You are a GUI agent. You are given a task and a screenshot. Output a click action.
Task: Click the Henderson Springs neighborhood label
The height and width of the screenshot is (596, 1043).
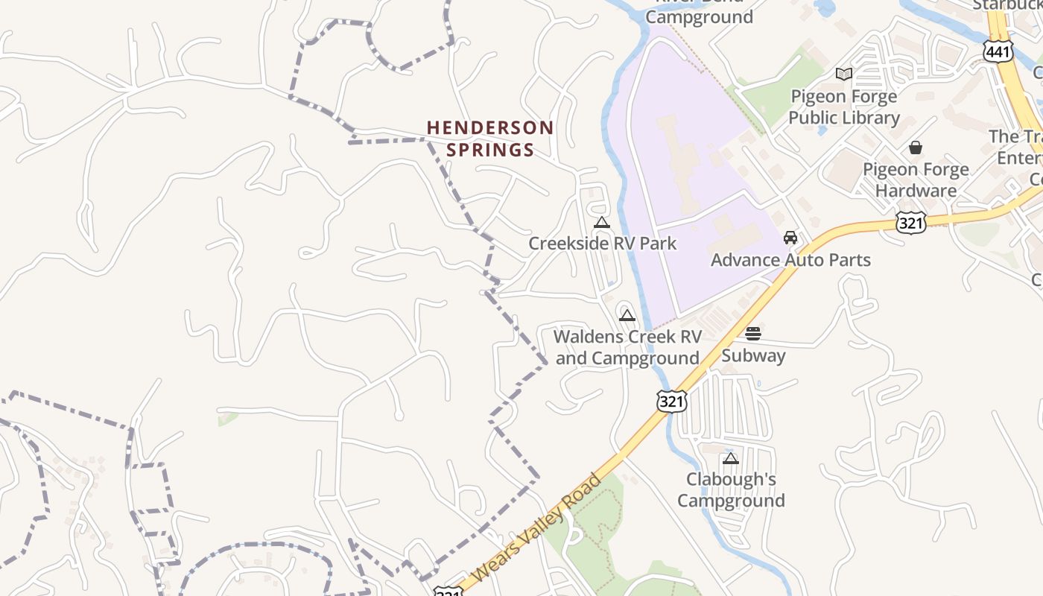pyautogui.click(x=490, y=139)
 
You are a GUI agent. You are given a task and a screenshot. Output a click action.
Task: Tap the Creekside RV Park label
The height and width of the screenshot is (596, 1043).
pyautogui.click(x=602, y=243)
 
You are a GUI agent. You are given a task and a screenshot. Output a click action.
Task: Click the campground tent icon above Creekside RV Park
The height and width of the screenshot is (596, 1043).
pyautogui.click(x=602, y=222)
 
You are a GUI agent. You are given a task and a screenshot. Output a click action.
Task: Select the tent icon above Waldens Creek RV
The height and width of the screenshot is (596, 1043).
pyautogui.click(x=627, y=315)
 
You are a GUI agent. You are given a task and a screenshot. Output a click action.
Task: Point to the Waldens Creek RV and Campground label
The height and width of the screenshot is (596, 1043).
pyautogui.click(x=627, y=347)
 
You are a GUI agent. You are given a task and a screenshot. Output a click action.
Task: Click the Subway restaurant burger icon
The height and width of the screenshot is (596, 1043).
pyautogui.click(x=753, y=333)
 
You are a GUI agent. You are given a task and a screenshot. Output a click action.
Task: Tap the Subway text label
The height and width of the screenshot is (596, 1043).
pyautogui.click(x=753, y=355)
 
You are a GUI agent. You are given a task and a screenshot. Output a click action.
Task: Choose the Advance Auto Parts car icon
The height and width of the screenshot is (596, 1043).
pyautogui.click(x=790, y=238)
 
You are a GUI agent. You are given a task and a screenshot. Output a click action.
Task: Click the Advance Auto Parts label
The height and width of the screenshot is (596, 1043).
pyautogui.click(x=790, y=260)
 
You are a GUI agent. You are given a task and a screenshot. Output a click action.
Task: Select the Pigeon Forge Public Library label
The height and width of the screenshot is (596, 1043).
pyautogui.click(x=844, y=107)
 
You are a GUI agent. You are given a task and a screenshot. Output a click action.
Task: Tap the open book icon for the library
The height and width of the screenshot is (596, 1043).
pyautogui.click(x=844, y=74)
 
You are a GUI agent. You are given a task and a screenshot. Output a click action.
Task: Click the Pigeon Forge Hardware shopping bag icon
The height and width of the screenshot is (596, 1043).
pyautogui.click(x=916, y=148)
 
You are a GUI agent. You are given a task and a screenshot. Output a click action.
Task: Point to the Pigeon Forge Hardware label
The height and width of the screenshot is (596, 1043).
pyautogui.click(x=916, y=180)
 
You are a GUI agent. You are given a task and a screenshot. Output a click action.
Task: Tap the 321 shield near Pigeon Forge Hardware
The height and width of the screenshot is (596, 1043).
pyautogui.click(x=911, y=222)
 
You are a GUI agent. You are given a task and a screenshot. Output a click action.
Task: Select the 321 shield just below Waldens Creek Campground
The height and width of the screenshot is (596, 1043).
pyautogui.click(x=671, y=401)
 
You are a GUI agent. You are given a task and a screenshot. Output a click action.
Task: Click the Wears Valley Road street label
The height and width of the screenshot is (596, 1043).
pyautogui.click(x=536, y=528)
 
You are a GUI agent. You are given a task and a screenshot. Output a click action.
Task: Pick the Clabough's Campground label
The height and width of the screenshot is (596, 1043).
pyautogui.click(x=731, y=489)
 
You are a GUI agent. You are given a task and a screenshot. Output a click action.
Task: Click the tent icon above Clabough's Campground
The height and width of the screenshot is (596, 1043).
pyautogui.click(x=731, y=458)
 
